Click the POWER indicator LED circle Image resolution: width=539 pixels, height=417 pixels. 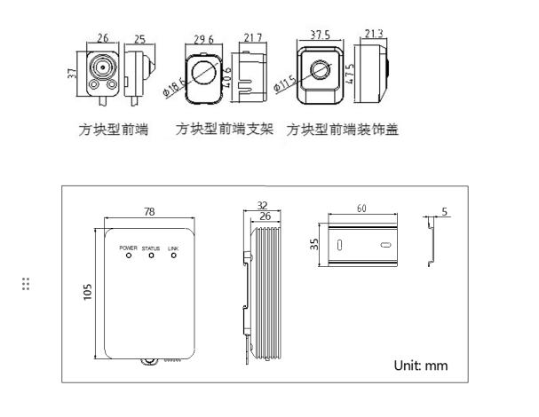130,256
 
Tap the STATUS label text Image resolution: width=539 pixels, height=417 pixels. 151,247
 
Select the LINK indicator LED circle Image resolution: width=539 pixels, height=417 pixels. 173,256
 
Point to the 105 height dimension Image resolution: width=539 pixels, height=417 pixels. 89,292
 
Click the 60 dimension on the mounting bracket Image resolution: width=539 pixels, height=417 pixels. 361,208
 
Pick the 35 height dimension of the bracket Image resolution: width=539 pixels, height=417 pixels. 315,243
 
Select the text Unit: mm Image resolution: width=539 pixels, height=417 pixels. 422,365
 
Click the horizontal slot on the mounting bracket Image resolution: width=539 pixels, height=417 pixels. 384,245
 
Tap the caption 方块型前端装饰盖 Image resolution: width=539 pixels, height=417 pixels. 342,130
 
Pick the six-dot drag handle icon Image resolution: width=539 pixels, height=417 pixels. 27,284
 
